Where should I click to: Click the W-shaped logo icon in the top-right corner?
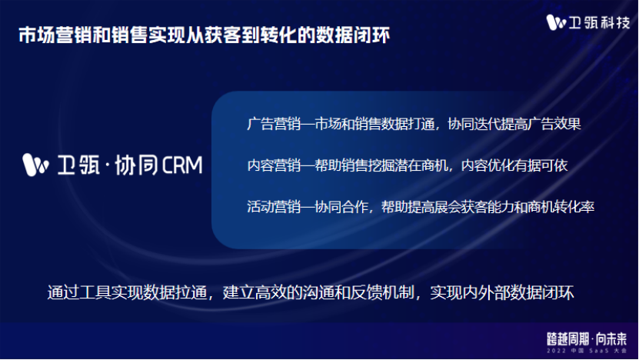pyautogui.click(x=556, y=22)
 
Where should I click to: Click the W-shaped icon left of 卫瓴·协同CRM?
pyautogui.click(x=36, y=165)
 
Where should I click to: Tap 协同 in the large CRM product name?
pyautogui.click(x=135, y=165)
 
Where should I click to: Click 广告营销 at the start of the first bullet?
pyautogui.click(x=274, y=124)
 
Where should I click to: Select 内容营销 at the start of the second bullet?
pyautogui.click(x=274, y=165)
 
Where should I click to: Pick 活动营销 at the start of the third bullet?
pyautogui.click(x=274, y=207)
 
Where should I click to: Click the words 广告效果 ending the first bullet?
pyautogui.click(x=554, y=124)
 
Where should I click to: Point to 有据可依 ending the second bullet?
pyautogui.click(x=541, y=165)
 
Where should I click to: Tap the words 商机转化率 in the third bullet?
pyautogui.click(x=561, y=207)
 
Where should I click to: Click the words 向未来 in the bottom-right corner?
pyautogui.click(x=611, y=338)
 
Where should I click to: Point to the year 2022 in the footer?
pyautogui.click(x=556, y=351)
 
